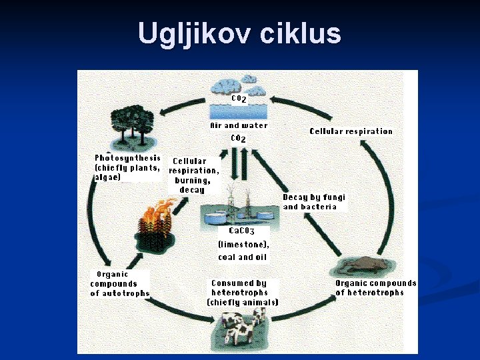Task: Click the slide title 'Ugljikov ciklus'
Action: (x=239, y=33)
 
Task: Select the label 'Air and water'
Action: (x=239, y=125)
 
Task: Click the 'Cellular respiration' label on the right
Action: (x=351, y=131)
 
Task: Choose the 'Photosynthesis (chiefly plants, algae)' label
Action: (x=127, y=168)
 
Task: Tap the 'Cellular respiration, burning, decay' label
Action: (x=193, y=175)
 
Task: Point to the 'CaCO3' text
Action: (x=241, y=231)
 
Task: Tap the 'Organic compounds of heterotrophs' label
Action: (x=375, y=288)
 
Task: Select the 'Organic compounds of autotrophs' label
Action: (x=120, y=284)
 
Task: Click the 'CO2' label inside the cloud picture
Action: (x=239, y=99)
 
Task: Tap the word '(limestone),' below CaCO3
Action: (x=244, y=244)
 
